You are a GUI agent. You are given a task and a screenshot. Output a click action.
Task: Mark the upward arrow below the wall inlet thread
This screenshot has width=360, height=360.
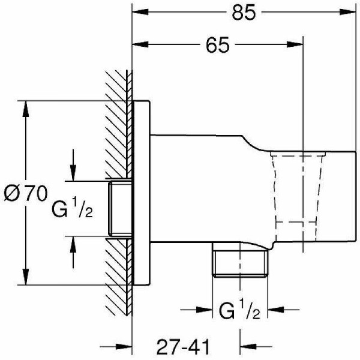click(x=73, y=243)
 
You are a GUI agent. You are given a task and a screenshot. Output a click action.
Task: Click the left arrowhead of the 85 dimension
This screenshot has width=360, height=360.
click(x=137, y=11)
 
